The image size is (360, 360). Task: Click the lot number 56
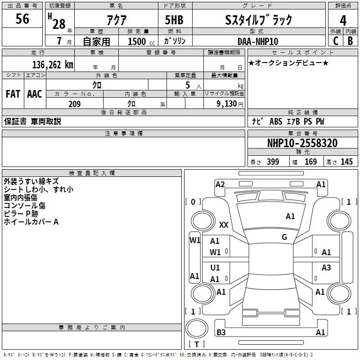coord(22,18)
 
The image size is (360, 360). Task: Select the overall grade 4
coord(343,20)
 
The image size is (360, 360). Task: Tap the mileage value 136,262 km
coord(53,65)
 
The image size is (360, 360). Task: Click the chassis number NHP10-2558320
coord(302,143)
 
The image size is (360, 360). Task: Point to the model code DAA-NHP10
coord(258,41)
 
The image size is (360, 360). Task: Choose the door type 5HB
coord(174,20)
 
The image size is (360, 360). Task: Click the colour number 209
coord(74,104)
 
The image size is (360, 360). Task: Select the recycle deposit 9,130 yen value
coord(230,104)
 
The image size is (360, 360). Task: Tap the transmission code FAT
coord(13,94)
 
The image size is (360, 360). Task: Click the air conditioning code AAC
coord(35,94)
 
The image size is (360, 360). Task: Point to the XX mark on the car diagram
coord(224,225)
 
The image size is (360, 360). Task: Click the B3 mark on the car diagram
coord(221,332)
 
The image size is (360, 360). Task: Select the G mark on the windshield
coord(284,237)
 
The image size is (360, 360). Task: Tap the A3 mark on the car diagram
coord(326,267)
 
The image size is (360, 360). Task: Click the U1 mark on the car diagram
coord(215,267)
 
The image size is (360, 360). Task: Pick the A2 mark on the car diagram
coord(220,184)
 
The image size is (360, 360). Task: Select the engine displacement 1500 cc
coord(141,41)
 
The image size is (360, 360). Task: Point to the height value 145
coord(346,162)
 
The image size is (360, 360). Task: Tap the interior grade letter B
coord(350,41)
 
